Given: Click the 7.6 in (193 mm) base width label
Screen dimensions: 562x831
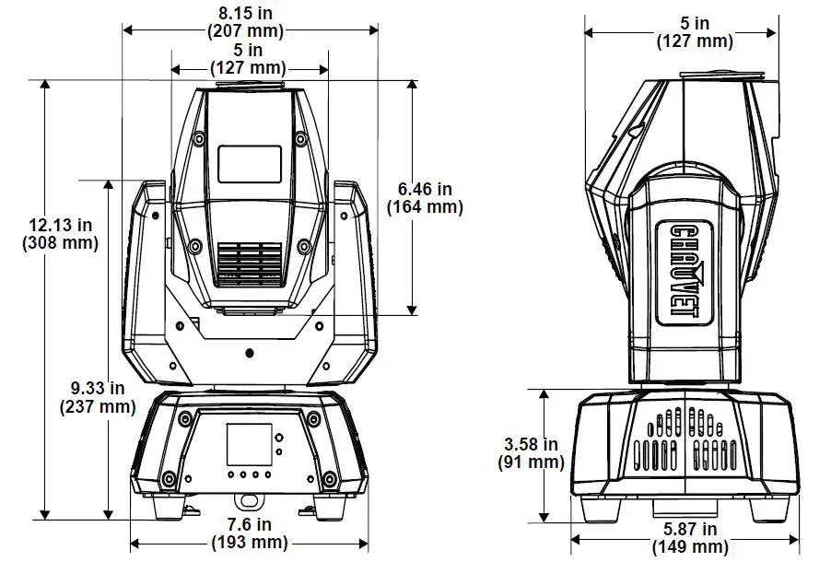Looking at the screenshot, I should coord(251,533).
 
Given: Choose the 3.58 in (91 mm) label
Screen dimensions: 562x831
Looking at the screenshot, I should coord(531,453).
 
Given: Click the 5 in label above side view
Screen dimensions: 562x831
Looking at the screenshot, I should coord(695,32).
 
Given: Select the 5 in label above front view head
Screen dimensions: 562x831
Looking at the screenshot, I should coord(248,59).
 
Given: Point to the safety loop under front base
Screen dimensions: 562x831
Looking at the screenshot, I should coord(249,501).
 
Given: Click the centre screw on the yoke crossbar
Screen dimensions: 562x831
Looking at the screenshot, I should coord(250,353).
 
